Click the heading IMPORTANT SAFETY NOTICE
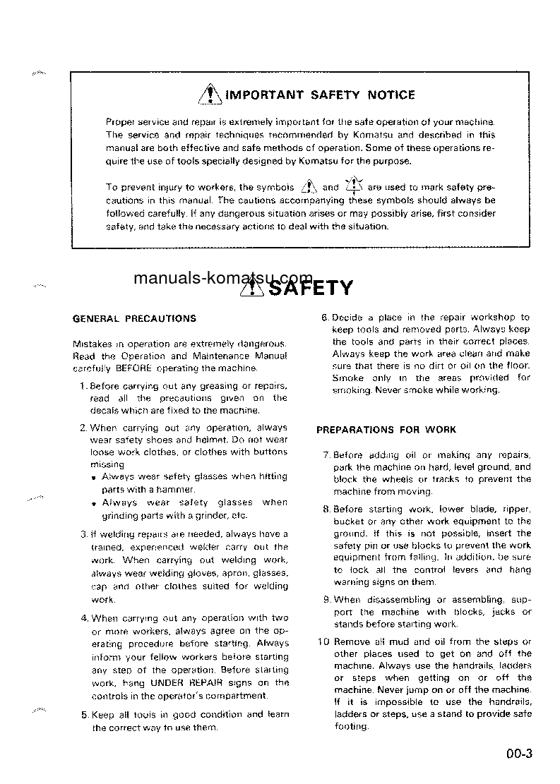(320, 95)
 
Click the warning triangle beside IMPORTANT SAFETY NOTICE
(210, 95)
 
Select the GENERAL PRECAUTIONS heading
(135, 318)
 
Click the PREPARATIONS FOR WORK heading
(386, 429)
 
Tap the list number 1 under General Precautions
(83, 386)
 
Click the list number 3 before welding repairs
(83, 534)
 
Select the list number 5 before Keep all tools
(83, 714)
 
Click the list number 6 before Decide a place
(325, 318)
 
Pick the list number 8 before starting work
(326, 509)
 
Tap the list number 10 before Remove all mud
(323, 641)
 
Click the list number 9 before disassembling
(326, 600)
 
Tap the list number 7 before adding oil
(326, 455)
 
